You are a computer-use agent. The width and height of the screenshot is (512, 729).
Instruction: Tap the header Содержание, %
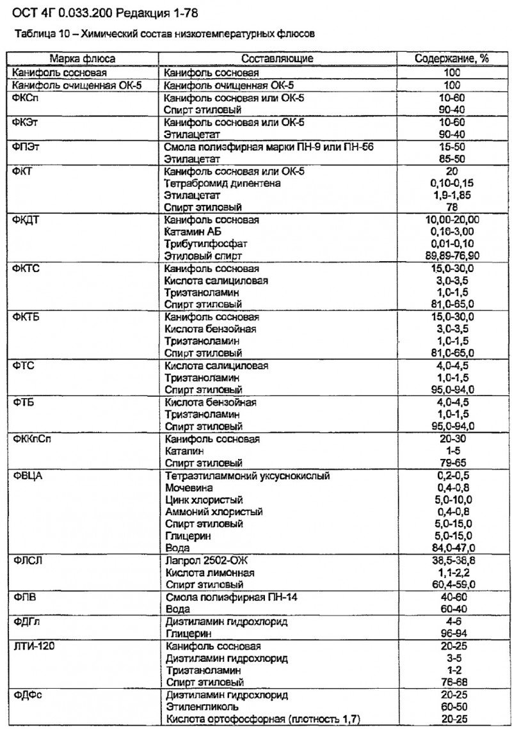[452, 58]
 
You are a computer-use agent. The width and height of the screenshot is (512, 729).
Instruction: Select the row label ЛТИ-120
[30, 646]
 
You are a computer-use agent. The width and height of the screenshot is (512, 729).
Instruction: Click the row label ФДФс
[26, 695]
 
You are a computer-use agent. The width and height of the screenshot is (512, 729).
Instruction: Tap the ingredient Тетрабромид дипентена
[222, 184]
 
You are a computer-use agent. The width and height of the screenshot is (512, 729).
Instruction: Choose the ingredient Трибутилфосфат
[206, 244]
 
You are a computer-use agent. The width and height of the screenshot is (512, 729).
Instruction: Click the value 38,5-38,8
[452, 561]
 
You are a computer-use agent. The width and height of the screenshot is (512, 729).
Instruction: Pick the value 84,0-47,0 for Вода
[452, 549]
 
